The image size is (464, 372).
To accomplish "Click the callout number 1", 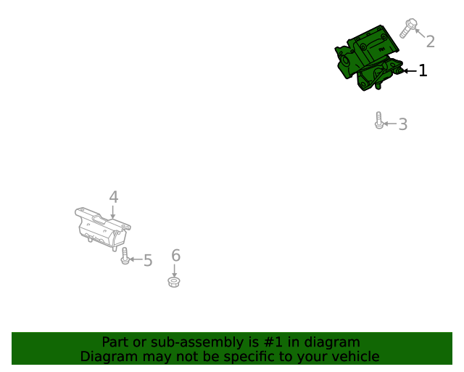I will point(423,70).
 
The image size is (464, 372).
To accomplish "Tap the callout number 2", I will point(430,41).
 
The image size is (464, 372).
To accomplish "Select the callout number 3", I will point(402,124).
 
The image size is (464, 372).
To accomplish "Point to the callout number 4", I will point(113,197).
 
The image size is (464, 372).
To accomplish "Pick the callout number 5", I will point(148,260).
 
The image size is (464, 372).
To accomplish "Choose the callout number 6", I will point(175,255).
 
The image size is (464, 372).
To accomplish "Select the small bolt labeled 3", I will point(378,121).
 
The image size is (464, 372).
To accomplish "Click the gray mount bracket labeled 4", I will point(101,228).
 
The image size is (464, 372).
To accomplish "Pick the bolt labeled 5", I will point(125,256).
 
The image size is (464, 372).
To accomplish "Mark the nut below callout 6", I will point(174,281).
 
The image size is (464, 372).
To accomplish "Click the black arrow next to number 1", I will point(410,70).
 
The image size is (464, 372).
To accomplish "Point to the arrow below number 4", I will point(113,211).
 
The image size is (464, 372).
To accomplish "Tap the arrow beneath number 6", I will point(175,269).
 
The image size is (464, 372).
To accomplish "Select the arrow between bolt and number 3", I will point(389,124).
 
